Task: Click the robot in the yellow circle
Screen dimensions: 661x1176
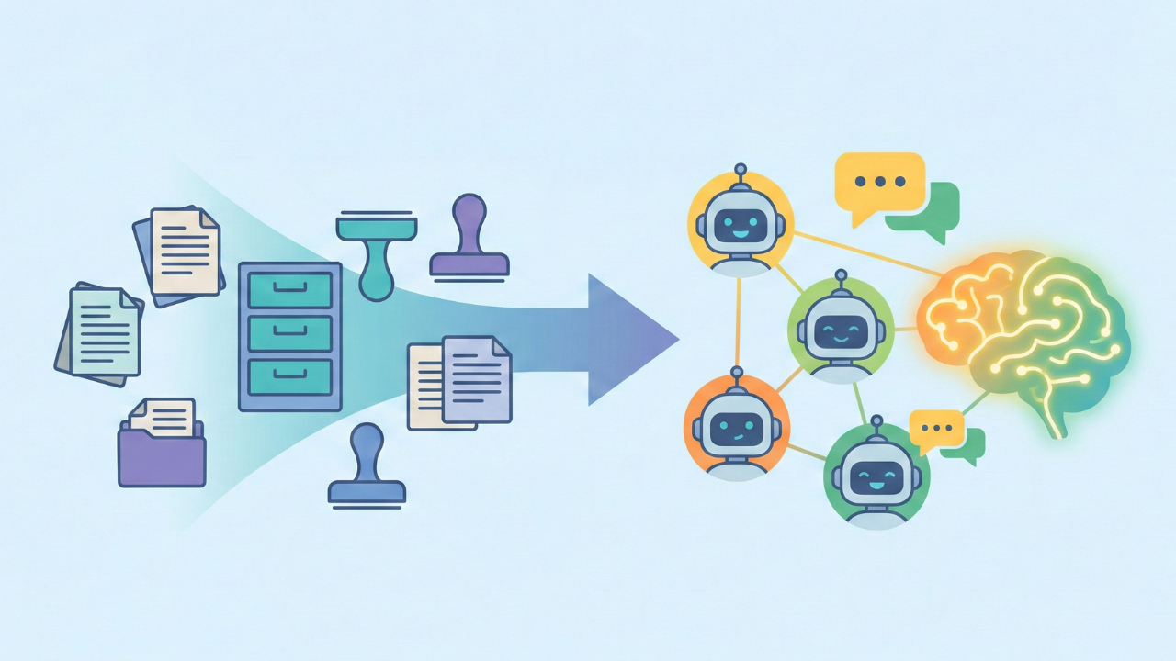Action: (x=741, y=225)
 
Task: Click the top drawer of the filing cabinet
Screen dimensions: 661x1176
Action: (x=290, y=289)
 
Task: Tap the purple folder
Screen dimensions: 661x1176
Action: (x=162, y=456)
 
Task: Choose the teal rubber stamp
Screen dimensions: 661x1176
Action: (x=377, y=252)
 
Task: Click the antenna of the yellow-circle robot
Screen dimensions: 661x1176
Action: (x=741, y=173)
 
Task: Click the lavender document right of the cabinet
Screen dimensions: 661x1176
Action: (x=477, y=379)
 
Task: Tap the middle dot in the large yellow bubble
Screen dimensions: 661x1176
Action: (x=879, y=182)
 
